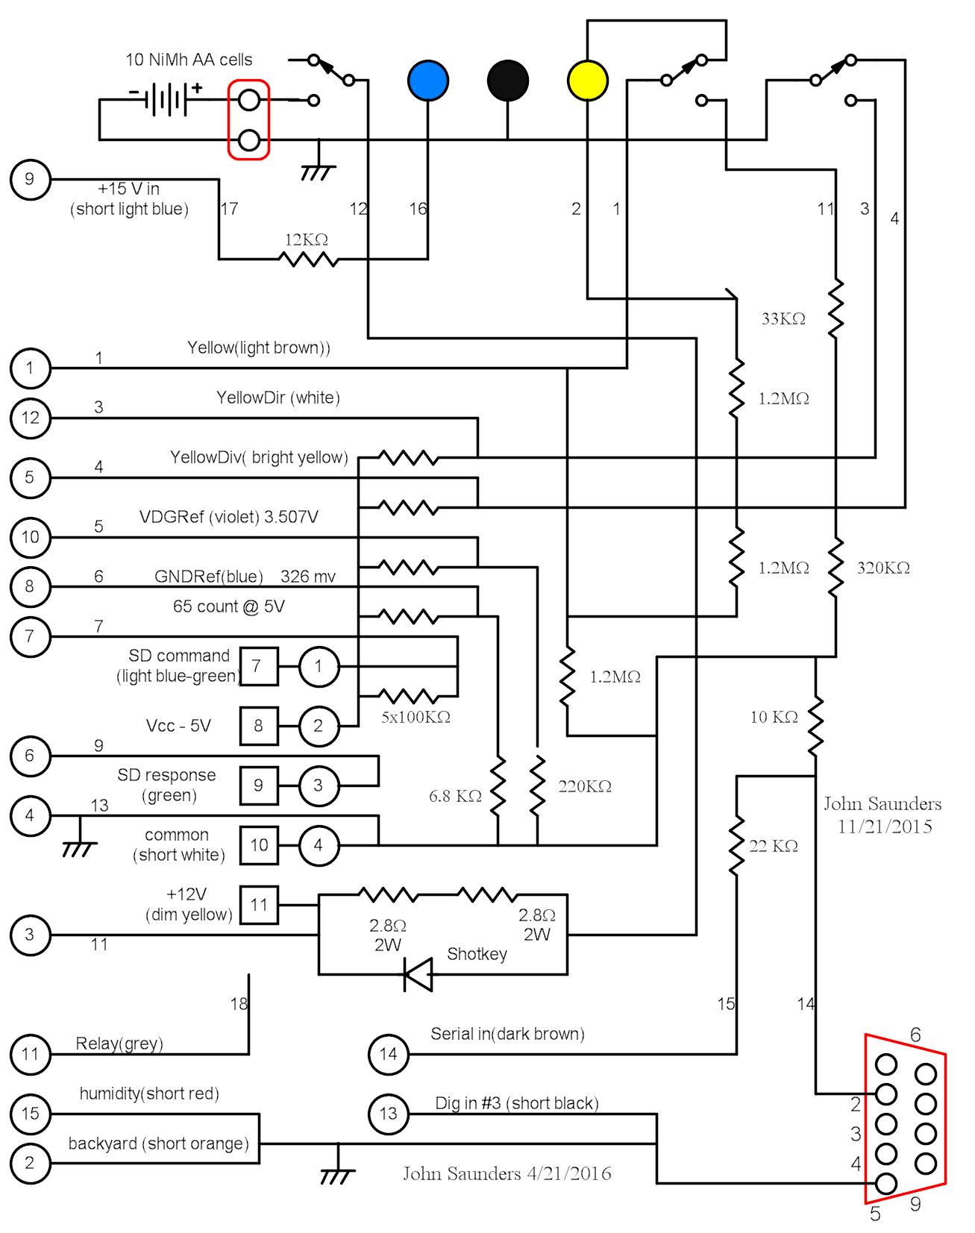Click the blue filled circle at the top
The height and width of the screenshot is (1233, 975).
pyautogui.click(x=428, y=81)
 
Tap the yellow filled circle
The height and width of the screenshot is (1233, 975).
pyautogui.click(x=588, y=81)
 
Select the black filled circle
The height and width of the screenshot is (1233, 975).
pyautogui.click(x=508, y=81)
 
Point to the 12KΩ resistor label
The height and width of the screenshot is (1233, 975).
pyautogui.click(x=306, y=240)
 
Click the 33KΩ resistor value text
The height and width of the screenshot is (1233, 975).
pyautogui.click(x=783, y=319)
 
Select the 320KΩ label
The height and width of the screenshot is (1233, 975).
pyautogui.click(x=883, y=568)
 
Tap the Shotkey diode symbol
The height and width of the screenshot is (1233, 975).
pyautogui.click(x=418, y=974)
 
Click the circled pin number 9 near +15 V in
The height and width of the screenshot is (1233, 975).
pyautogui.click(x=30, y=179)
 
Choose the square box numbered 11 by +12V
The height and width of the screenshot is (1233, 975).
pyautogui.click(x=259, y=905)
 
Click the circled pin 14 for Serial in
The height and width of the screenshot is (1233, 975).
pyautogui.click(x=389, y=1054)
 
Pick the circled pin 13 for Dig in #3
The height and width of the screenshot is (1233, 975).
pyautogui.click(x=389, y=1114)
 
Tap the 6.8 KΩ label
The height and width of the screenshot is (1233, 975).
pyautogui.click(x=455, y=797)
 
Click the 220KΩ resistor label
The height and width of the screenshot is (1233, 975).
pyautogui.click(x=585, y=787)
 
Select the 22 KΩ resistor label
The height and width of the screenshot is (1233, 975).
pyautogui.click(x=774, y=847)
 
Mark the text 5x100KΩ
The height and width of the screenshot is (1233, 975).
pyautogui.click(x=416, y=718)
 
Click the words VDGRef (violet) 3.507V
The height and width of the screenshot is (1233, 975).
pyautogui.click(x=229, y=517)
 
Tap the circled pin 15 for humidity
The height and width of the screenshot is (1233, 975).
pyautogui.click(x=30, y=1114)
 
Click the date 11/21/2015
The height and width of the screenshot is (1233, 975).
pyautogui.click(x=885, y=826)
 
